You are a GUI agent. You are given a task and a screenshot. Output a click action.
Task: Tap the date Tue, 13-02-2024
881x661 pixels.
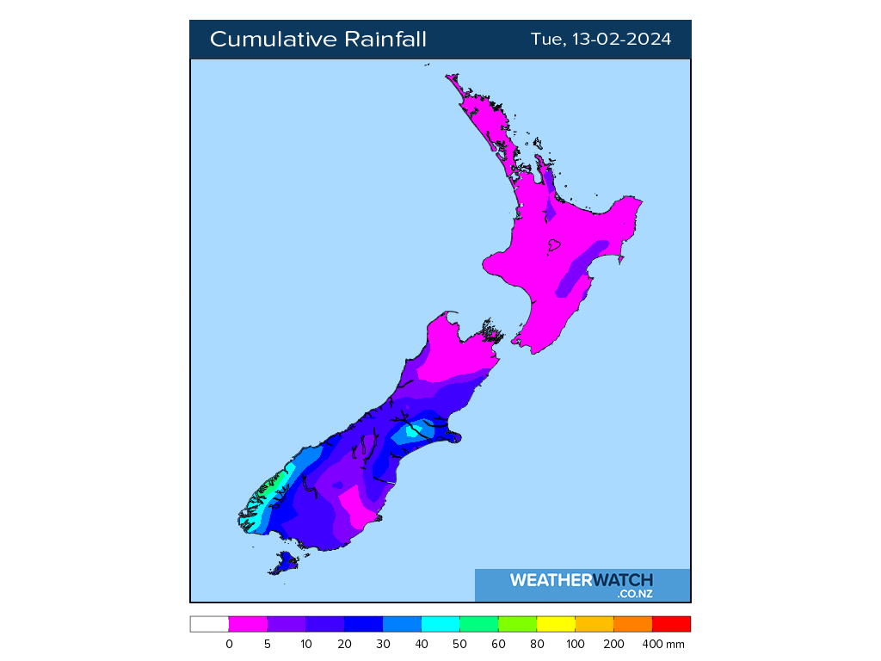[x=601, y=40]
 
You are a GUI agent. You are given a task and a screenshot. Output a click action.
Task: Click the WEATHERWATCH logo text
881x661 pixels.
[x=582, y=580]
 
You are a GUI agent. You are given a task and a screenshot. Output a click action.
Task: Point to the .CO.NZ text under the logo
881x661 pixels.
[x=635, y=594]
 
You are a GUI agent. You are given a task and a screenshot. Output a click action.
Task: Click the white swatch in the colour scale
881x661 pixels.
[x=209, y=624]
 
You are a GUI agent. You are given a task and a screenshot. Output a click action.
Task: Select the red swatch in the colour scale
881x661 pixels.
[x=671, y=624]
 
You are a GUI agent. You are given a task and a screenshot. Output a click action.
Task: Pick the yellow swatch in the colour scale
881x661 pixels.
[x=556, y=624]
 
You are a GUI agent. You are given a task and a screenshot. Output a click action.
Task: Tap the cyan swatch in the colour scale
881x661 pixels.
[x=440, y=624]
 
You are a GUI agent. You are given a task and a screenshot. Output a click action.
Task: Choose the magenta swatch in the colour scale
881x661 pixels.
[x=248, y=624]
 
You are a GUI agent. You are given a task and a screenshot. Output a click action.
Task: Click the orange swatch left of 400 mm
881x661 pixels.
[x=632, y=624]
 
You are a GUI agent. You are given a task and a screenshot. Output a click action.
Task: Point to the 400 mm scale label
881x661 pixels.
[x=664, y=644]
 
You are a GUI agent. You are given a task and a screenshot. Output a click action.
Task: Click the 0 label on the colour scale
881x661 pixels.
[x=229, y=644]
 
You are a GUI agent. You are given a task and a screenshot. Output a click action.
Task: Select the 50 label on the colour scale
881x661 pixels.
[x=459, y=644]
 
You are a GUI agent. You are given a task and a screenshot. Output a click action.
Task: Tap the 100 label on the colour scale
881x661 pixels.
[x=575, y=644]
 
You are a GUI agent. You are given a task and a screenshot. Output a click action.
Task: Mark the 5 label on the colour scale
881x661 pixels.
[x=268, y=644]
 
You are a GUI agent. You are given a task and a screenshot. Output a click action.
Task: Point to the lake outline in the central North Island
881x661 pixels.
[x=552, y=246]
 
